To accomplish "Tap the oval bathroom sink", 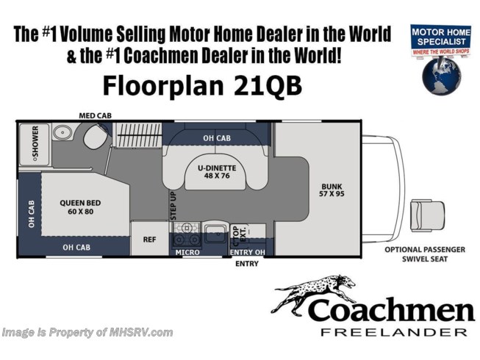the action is pyautogui.click(x=62, y=132).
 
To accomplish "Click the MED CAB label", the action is pyautogui.click(x=96, y=115).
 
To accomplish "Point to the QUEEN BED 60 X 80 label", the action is pyautogui.click(x=80, y=207).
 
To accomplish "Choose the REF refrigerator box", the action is pyautogui.click(x=150, y=239).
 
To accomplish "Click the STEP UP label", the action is pyautogui.click(x=173, y=206).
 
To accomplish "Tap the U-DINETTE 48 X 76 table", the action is pyautogui.click(x=217, y=173).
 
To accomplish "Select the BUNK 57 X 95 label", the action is pyautogui.click(x=332, y=190).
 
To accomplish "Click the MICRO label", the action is pyautogui.click(x=187, y=252).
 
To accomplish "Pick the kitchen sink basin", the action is pyautogui.click(x=215, y=234).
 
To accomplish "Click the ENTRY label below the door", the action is pyautogui.click(x=247, y=263).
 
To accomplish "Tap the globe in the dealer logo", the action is pyautogui.click(x=441, y=76).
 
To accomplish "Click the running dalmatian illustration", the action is pyautogui.click(x=313, y=292).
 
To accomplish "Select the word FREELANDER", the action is pyautogui.click(x=394, y=332).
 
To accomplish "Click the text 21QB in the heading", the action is pyautogui.click(x=268, y=86).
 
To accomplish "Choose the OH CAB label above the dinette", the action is pyautogui.click(x=217, y=138).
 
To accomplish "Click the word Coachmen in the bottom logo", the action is pyautogui.click(x=392, y=310).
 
